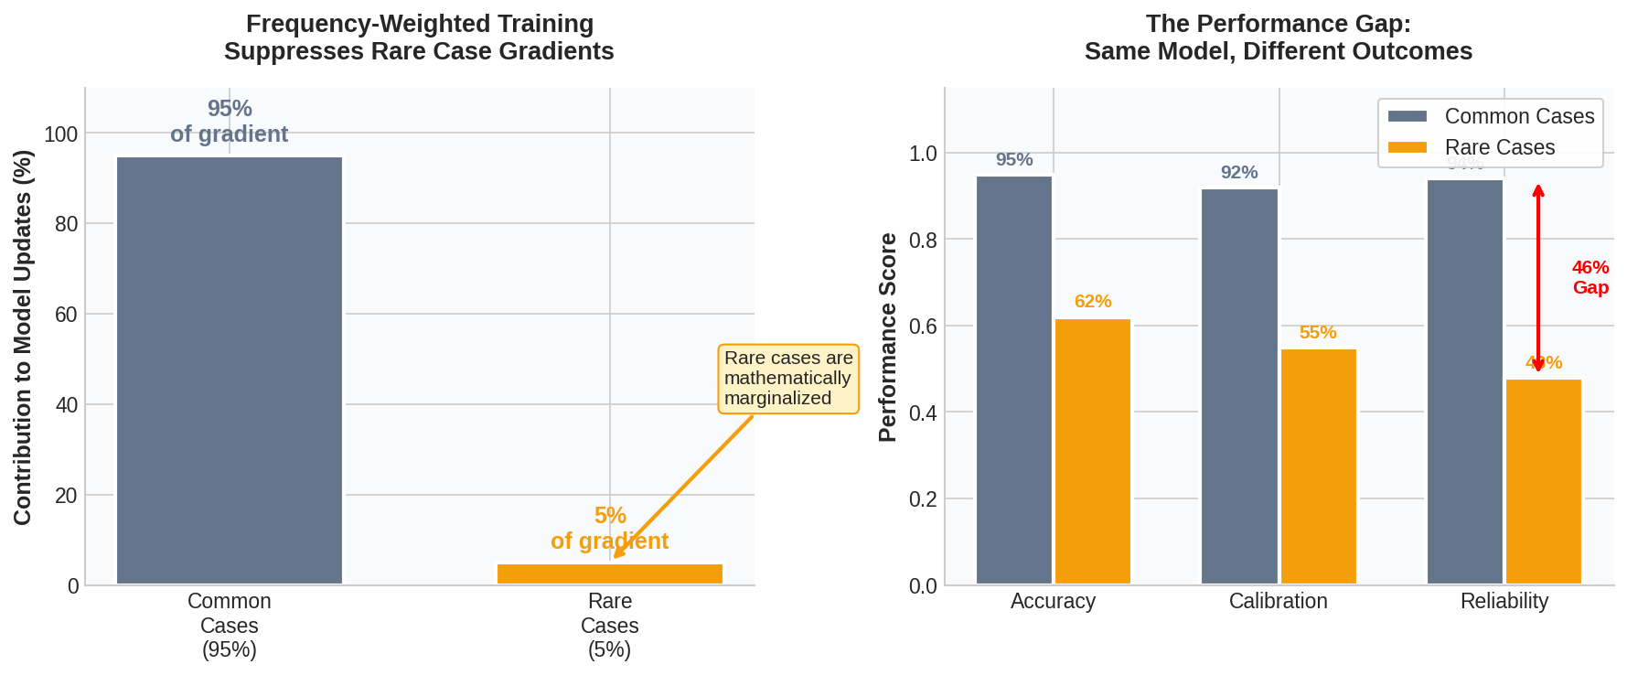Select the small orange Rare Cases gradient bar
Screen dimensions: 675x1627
(610, 573)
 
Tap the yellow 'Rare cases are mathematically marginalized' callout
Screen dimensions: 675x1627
(787, 379)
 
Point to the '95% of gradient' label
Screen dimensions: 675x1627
(229, 122)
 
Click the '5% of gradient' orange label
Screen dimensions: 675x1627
(609, 528)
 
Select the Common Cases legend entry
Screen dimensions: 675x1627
(1491, 116)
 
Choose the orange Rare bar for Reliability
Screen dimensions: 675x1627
(1544, 481)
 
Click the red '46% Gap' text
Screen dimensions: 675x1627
(1590, 277)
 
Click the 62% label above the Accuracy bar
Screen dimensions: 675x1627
(1093, 301)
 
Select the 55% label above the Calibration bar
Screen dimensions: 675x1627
(1318, 332)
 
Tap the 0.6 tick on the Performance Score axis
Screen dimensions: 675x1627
(923, 327)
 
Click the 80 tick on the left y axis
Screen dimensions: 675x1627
(67, 224)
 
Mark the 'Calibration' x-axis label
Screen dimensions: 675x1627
(1278, 601)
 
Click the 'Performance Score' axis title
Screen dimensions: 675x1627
(887, 337)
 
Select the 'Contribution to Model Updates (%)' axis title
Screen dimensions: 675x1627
(23, 337)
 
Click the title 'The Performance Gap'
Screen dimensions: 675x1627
(1278, 24)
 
